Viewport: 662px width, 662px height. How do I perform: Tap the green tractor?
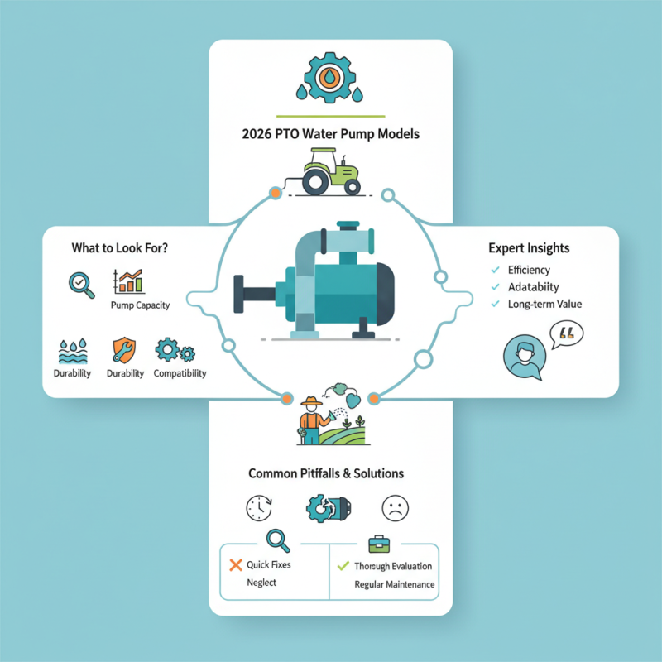331,171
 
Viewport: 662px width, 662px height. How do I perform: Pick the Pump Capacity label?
140,305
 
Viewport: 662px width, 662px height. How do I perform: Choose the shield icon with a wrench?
121,351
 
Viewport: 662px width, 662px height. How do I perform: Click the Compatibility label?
180,373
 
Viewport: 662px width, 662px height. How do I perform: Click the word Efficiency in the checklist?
530,270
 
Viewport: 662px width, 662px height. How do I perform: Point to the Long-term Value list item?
545,304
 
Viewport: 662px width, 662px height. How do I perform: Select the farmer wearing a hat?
312,418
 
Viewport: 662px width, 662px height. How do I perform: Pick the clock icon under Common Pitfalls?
259,506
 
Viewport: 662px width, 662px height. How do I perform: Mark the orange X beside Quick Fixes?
233,565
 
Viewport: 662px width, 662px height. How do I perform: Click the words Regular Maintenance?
394,584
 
